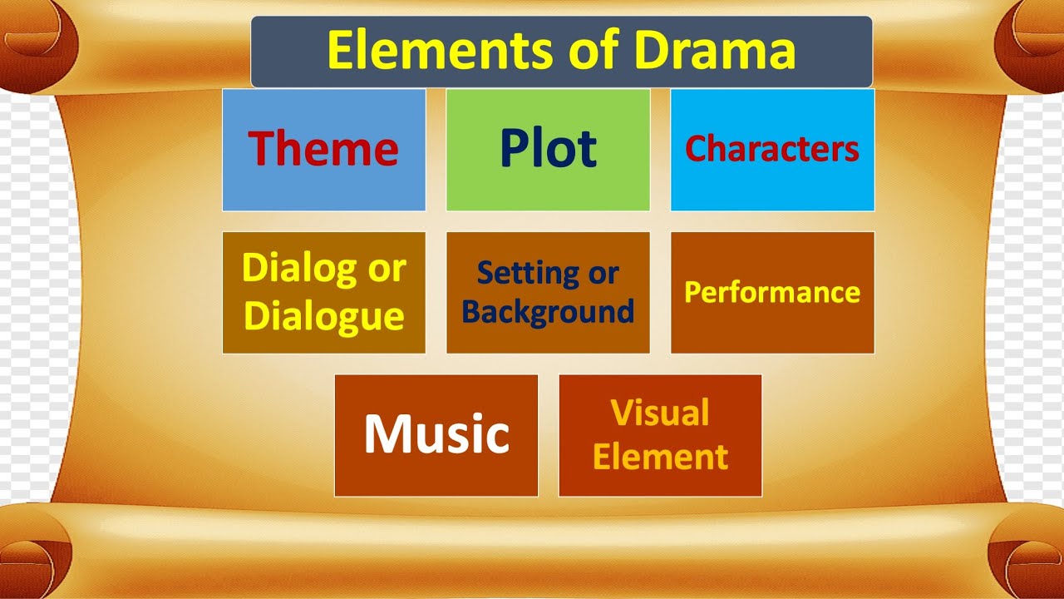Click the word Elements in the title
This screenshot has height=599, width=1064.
click(441, 49)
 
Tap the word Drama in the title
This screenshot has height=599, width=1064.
click(715, 49)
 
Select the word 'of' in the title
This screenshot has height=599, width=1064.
click(594, 48)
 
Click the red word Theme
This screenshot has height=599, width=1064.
click(323, 148)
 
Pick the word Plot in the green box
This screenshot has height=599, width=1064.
click(548, 148)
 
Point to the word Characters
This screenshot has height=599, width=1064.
click(772, 149)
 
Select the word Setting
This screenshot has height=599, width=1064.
click(527, 275)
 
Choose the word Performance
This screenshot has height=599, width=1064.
click(772, 293)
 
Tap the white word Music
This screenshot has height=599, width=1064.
click(436, 433)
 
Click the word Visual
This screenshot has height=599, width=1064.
click(660, 412)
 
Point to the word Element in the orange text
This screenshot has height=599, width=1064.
click(660, 457)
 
